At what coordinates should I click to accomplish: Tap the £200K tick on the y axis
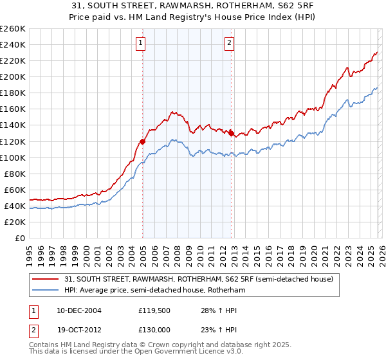click(13, 76)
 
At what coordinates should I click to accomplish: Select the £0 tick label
click(20, 238)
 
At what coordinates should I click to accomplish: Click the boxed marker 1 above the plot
click(140, 43)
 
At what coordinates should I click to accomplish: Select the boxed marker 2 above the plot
click(229, 43)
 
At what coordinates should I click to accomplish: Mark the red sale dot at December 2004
click(142, 141)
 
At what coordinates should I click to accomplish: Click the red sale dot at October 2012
click(231, 133)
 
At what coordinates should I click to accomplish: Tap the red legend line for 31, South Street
click(46, 279)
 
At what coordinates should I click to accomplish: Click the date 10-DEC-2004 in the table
click(79, 310)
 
